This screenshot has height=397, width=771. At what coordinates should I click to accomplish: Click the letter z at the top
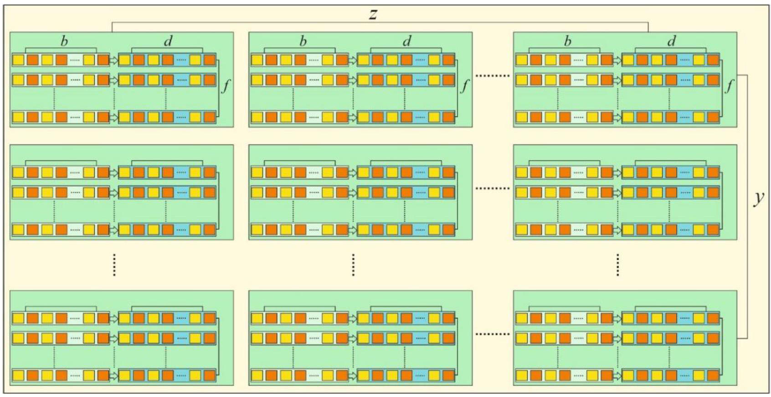point(373,14)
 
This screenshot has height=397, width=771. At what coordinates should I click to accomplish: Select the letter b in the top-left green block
point(64,41)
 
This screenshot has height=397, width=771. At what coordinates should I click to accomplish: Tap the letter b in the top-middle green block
point(303,41)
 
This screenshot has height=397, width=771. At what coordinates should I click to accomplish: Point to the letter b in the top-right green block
point(567,41)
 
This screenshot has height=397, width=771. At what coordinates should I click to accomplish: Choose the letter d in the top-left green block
point(168,41)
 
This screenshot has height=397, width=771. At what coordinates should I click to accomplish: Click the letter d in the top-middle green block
point(407,41)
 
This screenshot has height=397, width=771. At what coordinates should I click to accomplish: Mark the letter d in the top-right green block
point(671,41)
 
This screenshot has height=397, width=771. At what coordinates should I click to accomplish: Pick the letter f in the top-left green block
point(226,85)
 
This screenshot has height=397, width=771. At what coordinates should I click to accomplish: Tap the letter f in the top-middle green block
point(464,85)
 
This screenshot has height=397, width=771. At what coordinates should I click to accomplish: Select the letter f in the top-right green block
point(729,85)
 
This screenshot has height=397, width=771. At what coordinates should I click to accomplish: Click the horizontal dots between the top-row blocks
point(493,75)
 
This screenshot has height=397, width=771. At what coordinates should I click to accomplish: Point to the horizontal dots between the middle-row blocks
point(493,188)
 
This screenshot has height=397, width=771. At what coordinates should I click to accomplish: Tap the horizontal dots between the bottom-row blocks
point(493,334)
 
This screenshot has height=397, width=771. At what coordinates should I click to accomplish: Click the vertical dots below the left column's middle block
point(114,265)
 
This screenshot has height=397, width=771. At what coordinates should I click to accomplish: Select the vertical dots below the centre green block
point(353,265)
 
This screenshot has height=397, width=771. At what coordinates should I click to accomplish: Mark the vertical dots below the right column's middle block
point(617,265)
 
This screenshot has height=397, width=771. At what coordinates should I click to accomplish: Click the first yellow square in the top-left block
point(18,60)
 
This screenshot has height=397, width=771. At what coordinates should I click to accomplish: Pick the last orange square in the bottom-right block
point(713,376)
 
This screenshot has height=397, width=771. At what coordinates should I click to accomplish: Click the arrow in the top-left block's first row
point(113,60)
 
